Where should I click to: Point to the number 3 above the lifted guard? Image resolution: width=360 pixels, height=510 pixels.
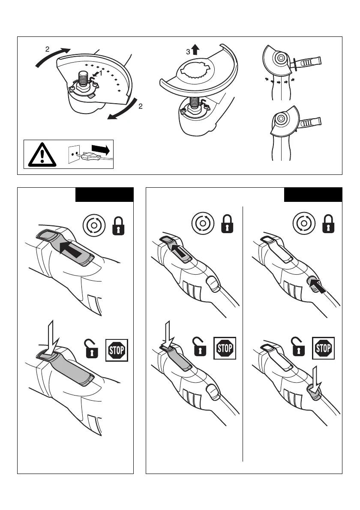click(x=187, y=52)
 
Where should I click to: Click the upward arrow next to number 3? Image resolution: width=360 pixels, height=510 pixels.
click(x=195, y=50)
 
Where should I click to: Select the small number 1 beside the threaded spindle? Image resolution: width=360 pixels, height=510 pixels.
click(x=101, y=73)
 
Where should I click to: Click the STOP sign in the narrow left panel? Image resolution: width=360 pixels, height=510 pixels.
click(x=117, y=351)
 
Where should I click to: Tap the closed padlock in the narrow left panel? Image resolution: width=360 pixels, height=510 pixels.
click(x=117, y=226)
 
